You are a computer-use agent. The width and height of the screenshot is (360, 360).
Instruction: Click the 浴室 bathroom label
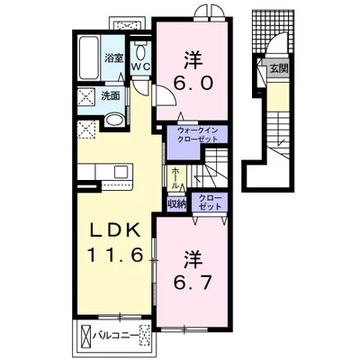click(x=114, y=58)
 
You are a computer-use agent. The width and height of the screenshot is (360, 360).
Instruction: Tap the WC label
click(x=141, y=67)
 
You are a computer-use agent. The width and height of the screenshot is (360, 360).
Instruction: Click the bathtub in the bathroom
click(x=89, y=58)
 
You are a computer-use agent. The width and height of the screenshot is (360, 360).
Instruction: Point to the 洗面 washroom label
click(x=111, y=96)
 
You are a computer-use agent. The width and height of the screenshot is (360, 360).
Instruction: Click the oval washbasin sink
click(x=114, y=121)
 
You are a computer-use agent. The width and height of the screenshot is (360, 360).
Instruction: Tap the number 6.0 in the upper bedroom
click(x=193, y=83)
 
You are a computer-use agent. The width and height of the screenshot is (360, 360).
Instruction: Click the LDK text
click(x=115, y=231)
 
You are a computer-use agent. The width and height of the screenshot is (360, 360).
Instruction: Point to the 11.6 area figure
click(x=114, y=256)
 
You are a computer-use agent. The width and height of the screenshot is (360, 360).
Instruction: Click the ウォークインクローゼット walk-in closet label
click(x=197, y=135)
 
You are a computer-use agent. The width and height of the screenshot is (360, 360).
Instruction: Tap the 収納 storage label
click(x=176, y=204)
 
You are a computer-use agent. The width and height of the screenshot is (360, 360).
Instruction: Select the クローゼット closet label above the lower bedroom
click(x=210, y=202)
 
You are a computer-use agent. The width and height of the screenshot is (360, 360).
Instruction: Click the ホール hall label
click(x=175, y=178)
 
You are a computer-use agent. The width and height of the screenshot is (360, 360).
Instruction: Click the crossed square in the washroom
click(x=86, y=96)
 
